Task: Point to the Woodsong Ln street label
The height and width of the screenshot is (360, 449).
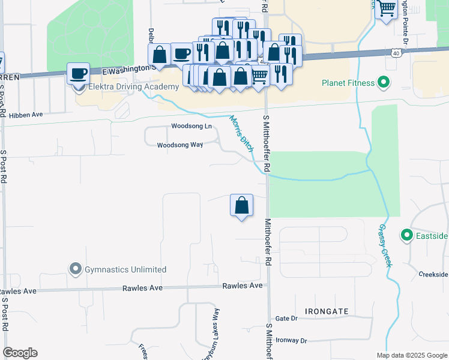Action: [191, 126]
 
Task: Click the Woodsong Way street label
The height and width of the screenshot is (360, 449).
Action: [179, 145]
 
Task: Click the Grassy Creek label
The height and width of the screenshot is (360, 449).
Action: [384, 246]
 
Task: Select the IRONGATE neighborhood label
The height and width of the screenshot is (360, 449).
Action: [327, 311]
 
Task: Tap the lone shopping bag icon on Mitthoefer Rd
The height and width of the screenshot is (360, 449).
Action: [241, 205]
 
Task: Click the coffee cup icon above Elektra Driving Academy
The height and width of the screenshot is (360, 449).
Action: [78, 74]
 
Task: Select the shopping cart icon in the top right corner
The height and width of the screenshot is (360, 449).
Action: [387, 8]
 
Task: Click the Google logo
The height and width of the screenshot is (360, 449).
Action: [20, 353]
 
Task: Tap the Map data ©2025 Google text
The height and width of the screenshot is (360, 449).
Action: [411, 355]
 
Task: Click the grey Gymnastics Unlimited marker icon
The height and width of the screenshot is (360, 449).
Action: [75, 269]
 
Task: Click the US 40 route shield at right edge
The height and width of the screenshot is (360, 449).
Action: [396, 53]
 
